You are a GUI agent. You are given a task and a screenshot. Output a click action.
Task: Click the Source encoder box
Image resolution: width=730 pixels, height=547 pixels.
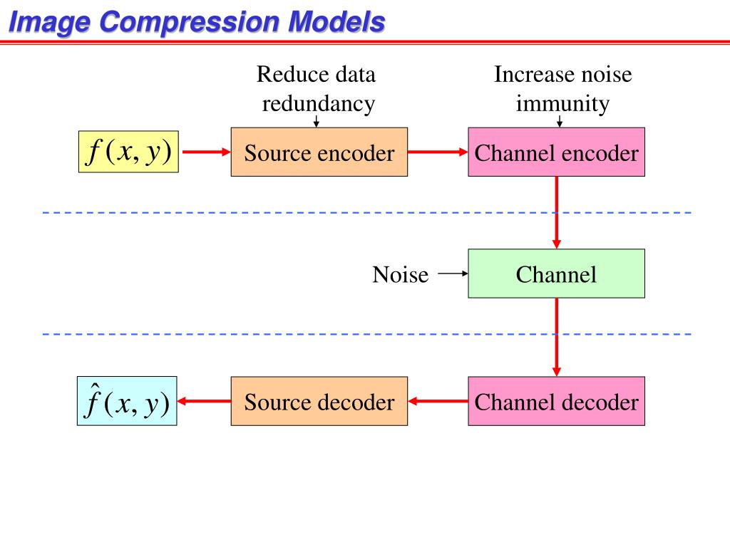point(319,152)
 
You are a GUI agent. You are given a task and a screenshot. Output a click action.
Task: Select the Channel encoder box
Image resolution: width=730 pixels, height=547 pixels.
point(556,152)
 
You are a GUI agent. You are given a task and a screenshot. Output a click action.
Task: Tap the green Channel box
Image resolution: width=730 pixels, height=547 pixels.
point(556,273)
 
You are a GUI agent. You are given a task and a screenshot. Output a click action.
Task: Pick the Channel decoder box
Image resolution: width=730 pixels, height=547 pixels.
point(556,401)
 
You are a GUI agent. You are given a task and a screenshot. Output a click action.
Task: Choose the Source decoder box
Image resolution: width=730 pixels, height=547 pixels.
point(319,401)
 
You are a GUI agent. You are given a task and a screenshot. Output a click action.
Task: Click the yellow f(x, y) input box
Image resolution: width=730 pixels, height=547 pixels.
point(128,152)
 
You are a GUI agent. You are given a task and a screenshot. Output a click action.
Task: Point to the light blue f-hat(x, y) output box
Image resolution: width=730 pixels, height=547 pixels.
point(127,401)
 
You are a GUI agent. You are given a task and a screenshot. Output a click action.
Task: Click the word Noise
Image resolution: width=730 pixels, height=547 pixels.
point(401,274)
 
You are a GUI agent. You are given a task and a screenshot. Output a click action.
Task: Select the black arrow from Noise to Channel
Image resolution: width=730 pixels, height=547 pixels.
point(453,273)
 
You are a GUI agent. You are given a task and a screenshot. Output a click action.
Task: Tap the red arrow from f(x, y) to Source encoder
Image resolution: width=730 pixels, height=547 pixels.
point(206,152)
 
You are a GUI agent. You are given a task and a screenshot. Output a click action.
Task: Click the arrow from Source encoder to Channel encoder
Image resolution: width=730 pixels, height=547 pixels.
point(438,152)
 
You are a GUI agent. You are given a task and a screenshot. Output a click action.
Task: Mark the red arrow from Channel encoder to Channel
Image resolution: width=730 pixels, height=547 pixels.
point(556,212)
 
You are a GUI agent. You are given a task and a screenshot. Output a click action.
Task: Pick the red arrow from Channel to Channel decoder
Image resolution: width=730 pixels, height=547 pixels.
point(556,337)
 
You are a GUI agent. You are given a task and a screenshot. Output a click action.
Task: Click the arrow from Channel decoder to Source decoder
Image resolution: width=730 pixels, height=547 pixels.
point(438,401)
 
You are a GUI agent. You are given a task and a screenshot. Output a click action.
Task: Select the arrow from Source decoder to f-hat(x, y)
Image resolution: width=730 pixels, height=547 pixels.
point(205,401)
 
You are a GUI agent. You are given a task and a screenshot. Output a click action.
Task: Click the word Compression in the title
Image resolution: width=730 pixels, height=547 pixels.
point(189,22)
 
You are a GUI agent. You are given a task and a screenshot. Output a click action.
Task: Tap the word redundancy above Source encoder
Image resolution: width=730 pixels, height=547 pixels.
point(319,104)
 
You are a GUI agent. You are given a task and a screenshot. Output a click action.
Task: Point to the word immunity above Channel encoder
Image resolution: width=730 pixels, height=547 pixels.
point(562,103)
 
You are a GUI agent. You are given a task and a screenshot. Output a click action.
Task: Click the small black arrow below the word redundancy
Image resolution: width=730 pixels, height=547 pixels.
point(316,121)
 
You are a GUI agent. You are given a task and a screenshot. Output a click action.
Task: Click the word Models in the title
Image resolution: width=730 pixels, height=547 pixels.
point(336,21)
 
